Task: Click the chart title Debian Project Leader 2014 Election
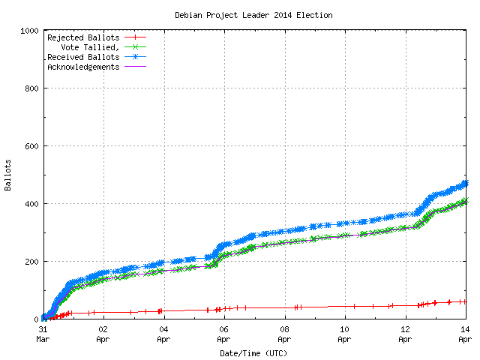tap(253, 15)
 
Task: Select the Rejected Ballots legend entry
tap(83, 37)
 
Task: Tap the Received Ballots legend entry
tap(83, 56)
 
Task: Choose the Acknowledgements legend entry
tap(83, 66)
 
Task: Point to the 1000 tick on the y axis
tap(31, 31)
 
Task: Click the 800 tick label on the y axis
tap(33, 88)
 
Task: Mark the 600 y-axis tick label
tap(33, 146)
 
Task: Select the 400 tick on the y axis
tap(33, 204)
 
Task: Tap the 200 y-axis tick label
tap(33, 262)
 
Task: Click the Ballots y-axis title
tap(8, 175)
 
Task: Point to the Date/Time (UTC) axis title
tap(253, 352)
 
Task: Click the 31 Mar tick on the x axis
tap(43, 333)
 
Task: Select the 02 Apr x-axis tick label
tap(103, 333)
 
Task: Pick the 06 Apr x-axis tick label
tap(224, 333)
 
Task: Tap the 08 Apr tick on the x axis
tap(284, 333)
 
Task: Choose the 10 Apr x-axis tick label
tap(345, 333)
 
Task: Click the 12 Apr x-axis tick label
tap(405, 333)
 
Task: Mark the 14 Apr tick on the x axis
tap(465, 333)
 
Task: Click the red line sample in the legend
tap(135, 37)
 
